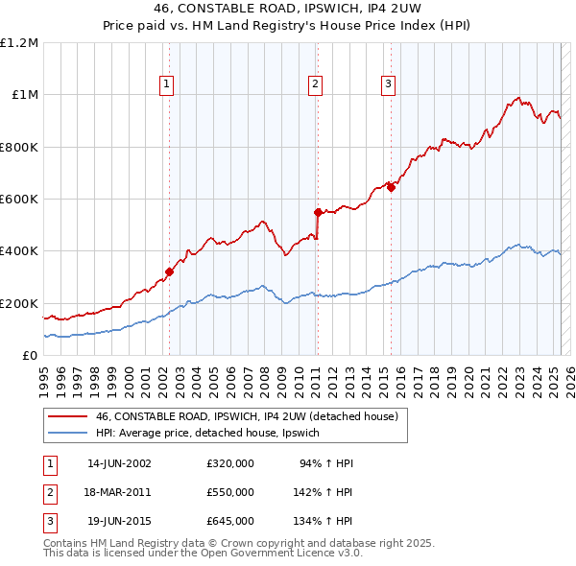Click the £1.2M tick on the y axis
point(19,43)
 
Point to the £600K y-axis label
point(19,200)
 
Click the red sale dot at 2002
point(169,271)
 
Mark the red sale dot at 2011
point(318,212)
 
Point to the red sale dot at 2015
point(391,187)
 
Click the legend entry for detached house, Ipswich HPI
point(213,434)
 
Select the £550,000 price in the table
point(230,493)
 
